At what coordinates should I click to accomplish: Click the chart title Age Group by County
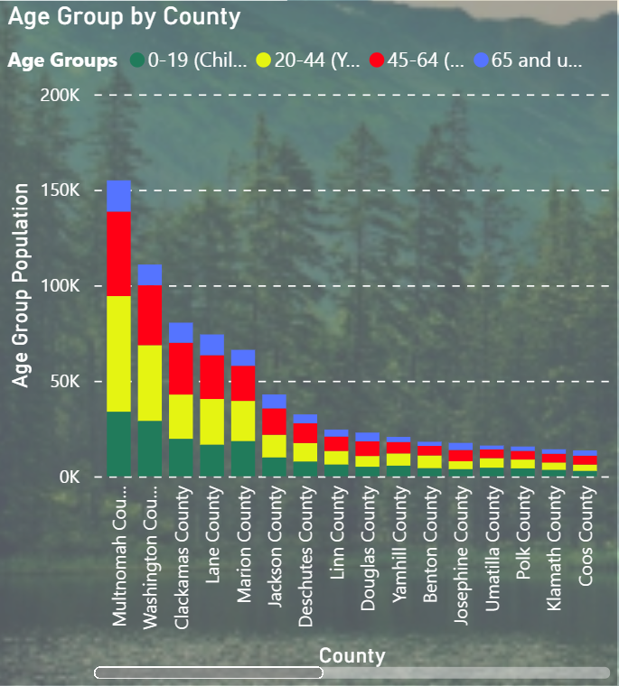[x=125, y=16]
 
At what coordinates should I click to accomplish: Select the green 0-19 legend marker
[x=137, y=60]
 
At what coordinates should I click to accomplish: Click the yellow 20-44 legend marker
[x=264, y=60]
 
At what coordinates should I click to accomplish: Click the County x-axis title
[x=352, y=656]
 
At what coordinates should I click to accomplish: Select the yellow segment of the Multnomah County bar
[x=119, y=353]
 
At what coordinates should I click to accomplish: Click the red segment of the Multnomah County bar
[x=119, y=254]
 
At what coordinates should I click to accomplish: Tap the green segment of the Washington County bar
[x=150, y=448]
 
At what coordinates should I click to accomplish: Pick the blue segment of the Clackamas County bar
[x=181, y=332]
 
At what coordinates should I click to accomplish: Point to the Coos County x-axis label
[x=586, y=537]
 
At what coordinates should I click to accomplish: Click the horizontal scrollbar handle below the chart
[x=208, y=672]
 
